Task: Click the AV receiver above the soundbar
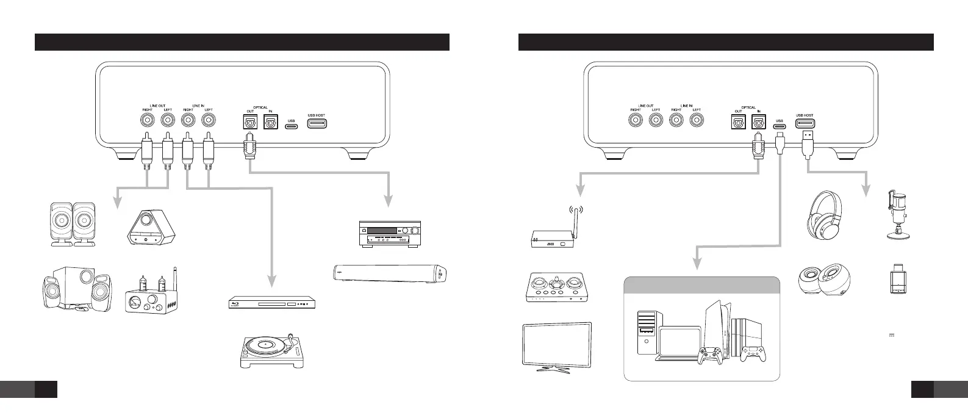click(x=389, y=233)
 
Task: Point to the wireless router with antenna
click(x=553, y=233)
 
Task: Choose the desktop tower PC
click(x=647, y=332)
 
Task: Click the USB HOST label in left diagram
click(x=317, y=115)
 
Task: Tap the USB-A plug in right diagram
click(x=806, y=142)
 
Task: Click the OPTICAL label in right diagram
click(x=748, y=107)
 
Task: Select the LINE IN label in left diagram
click(x=198, y=106)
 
